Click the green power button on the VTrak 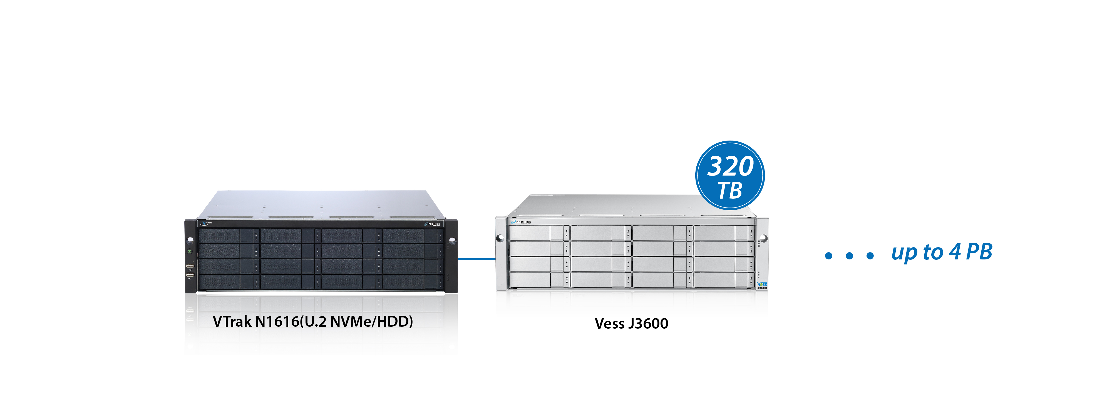[x=190, y=251]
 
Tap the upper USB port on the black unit [x=190, y=265]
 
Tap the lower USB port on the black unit [x=190, y=275]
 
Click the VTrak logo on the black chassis [x=206, y=223]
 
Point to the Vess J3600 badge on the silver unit [x=762, y=286]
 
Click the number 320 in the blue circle [x=730, y=166]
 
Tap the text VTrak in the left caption [x=232, y=321]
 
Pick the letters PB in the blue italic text [x=979, y=252]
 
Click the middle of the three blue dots [x=850, y=256]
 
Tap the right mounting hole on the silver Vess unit [x=763, y=238]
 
